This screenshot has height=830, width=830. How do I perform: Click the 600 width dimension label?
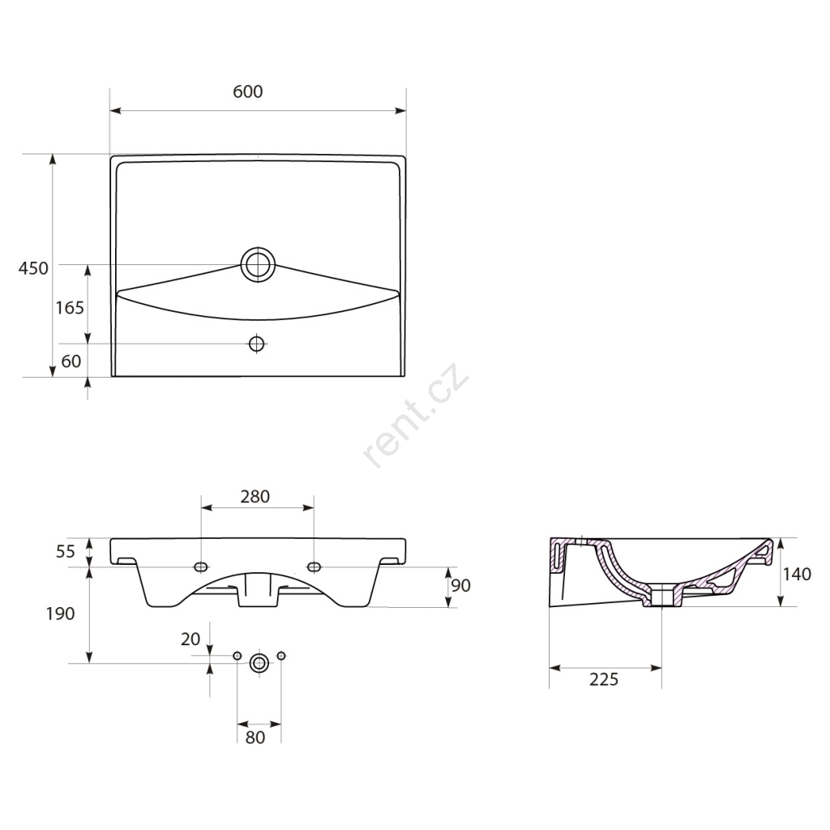[x=248, y=92]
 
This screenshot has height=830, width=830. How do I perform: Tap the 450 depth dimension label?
[x=33, y=268]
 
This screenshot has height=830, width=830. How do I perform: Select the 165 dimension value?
[x=70, y=307]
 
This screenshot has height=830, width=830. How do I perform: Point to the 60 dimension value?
[x=71, y=361]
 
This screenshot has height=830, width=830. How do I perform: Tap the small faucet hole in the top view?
[x=257, y=344]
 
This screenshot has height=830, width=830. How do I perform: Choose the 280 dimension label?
[x=255, y=497]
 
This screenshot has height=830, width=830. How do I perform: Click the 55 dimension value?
[x=66, y=551]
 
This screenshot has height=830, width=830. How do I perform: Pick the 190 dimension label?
[x=60, y=614]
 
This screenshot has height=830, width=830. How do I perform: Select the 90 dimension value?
[x=460, y=585]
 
